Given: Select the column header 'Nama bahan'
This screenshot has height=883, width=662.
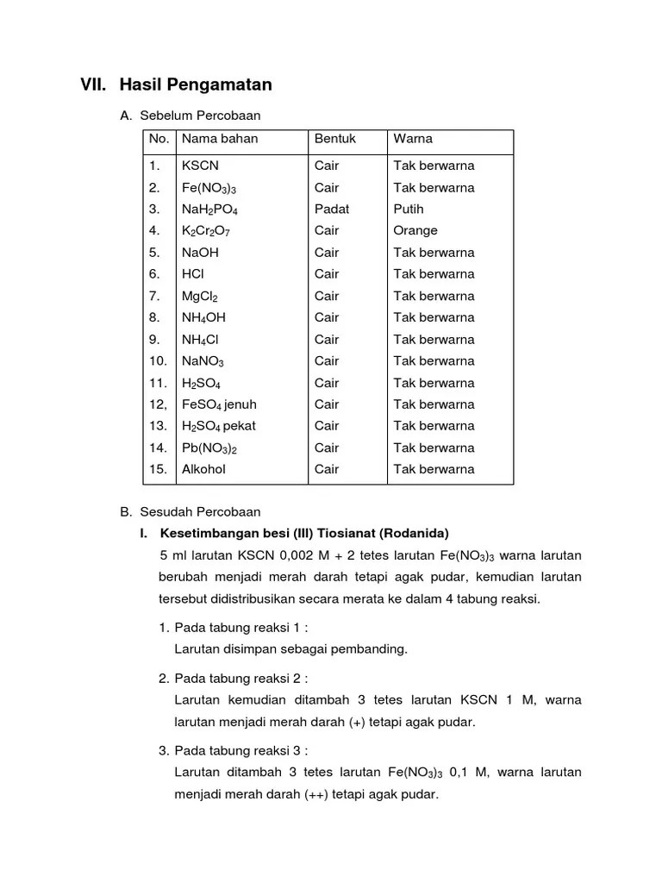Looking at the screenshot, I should [220, 139].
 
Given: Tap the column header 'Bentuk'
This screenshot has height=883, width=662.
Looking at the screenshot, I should [335, 139].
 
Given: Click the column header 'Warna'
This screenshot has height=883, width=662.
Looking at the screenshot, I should [413, 139].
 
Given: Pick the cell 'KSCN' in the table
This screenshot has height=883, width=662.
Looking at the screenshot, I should [200, 166].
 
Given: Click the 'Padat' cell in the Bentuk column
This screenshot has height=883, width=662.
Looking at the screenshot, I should [332, 209].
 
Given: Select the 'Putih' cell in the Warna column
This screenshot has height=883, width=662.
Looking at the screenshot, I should [409, 209].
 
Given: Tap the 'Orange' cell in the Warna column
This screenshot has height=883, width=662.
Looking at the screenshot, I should [415, 230].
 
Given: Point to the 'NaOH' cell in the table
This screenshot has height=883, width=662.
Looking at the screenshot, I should [200, 253].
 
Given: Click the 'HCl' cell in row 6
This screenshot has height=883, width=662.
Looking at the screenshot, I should [192, 274].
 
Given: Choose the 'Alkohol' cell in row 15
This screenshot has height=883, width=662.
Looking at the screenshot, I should [203, 469].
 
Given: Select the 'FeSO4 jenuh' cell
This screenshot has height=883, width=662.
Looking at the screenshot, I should [219, 404].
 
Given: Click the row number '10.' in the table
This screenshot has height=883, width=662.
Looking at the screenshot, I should [158, 361].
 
